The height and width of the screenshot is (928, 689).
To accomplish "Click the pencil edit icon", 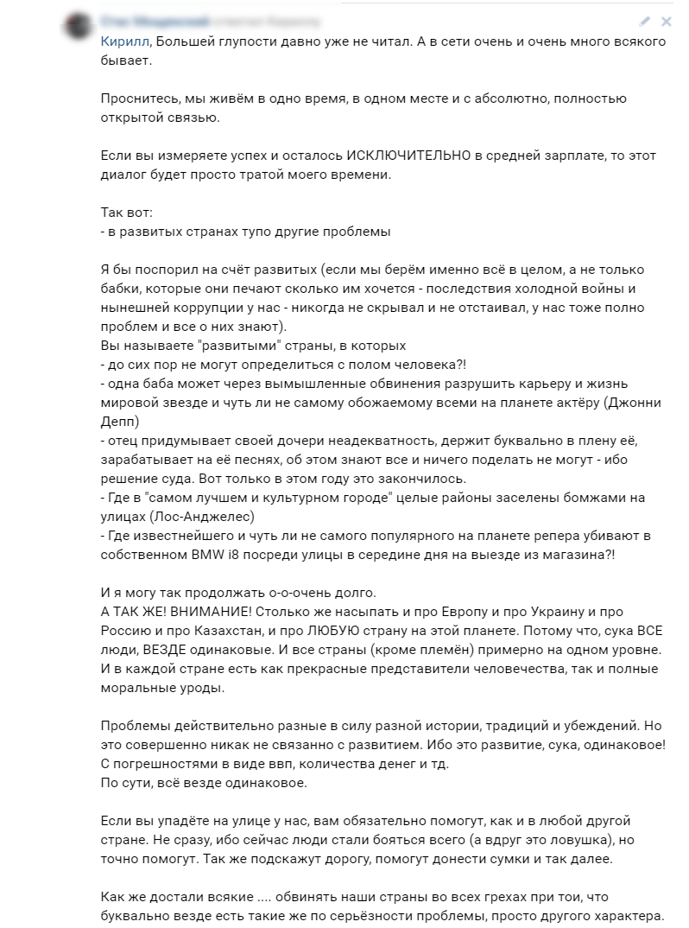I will [x=645, y=21].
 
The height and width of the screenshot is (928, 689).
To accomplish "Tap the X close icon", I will [x=666, y=21].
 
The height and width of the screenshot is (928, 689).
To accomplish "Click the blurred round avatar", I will [x=79, y=25].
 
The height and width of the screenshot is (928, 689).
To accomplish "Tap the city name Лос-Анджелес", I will [x=216, y=516].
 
